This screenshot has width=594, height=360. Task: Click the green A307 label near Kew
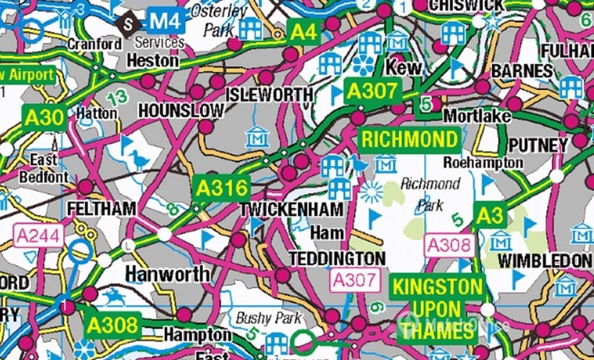[x=372, y=91]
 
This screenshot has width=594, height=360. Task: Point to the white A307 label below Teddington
[x=354, y=279]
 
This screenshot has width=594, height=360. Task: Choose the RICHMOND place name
[x=409, y=139]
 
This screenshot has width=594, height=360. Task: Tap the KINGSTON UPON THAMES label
[x=437, y=308]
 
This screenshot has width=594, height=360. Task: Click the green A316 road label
[x=222, y=189]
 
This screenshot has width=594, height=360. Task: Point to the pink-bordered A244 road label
[x=37, y=235]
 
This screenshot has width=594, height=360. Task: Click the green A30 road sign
[x=44, y=117]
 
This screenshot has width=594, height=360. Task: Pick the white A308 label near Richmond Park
[x=449, y=245]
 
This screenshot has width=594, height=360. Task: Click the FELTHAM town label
[x=101, y=209]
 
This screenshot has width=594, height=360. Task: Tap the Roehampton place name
[x=483, y=163]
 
